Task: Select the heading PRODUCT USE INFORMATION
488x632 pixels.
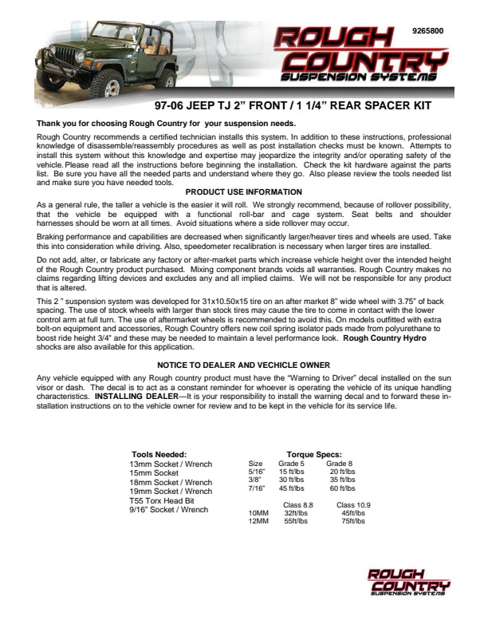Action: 243,192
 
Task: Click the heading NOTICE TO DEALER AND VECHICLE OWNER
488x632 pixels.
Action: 243,365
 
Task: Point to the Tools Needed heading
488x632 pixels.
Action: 159,454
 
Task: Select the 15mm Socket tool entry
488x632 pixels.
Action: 154,472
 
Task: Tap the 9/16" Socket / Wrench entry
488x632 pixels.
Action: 168,510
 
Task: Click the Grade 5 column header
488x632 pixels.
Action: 291,463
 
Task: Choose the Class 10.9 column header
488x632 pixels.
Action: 353,504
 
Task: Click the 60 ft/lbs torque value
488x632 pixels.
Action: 342,488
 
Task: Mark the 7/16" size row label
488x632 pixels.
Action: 256,488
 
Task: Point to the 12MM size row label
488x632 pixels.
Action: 258,521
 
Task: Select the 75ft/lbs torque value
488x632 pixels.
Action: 352,521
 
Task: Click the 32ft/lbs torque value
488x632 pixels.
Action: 296,513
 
